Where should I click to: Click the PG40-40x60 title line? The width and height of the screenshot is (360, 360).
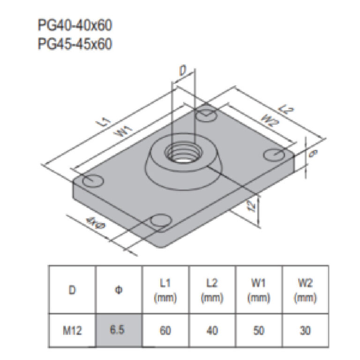click(x=75, y=25)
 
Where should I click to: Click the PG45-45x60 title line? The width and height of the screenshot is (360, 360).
click(x=75, y=44)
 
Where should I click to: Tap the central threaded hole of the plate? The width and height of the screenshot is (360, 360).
click(x=183, y=152)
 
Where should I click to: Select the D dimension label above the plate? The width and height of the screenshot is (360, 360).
click(x=183, y=71)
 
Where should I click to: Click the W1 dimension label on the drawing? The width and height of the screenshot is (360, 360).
click(x=124, y=131)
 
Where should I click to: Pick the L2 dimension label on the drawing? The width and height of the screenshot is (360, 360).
click(x=285, y=110)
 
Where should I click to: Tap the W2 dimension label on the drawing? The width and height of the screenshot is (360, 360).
click(x=270, y=121)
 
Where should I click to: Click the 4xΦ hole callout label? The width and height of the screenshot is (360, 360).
click(x=96, y=223)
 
